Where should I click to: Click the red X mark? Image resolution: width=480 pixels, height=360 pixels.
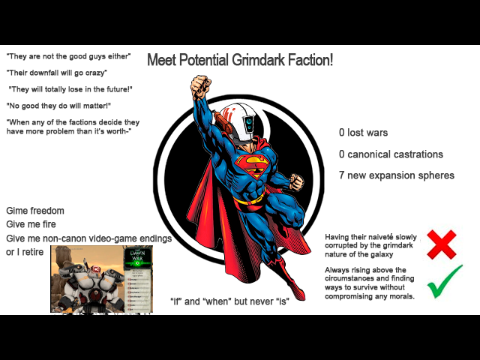point(442,244)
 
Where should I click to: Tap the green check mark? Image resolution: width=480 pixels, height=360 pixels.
point(444,282)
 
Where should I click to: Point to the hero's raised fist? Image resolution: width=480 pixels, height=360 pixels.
point(199,86)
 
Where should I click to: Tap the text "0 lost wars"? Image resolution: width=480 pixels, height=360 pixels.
point(363,133)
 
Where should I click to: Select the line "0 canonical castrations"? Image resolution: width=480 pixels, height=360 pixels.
point(391,154)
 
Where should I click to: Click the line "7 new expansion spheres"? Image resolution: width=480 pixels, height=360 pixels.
point(396,175)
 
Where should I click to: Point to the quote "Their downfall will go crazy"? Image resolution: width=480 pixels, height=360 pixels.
point(56,73)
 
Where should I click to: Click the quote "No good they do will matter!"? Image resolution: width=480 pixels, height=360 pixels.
point(58,106)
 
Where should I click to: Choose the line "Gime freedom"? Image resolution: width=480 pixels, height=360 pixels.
point(35,211)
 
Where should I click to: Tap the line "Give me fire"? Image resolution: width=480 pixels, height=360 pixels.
point(31,224)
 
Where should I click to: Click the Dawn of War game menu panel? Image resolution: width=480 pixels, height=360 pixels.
point(137,279)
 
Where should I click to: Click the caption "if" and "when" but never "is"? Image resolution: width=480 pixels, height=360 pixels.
point(229,301)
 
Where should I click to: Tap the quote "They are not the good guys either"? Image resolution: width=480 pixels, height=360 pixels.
point(68,56)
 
